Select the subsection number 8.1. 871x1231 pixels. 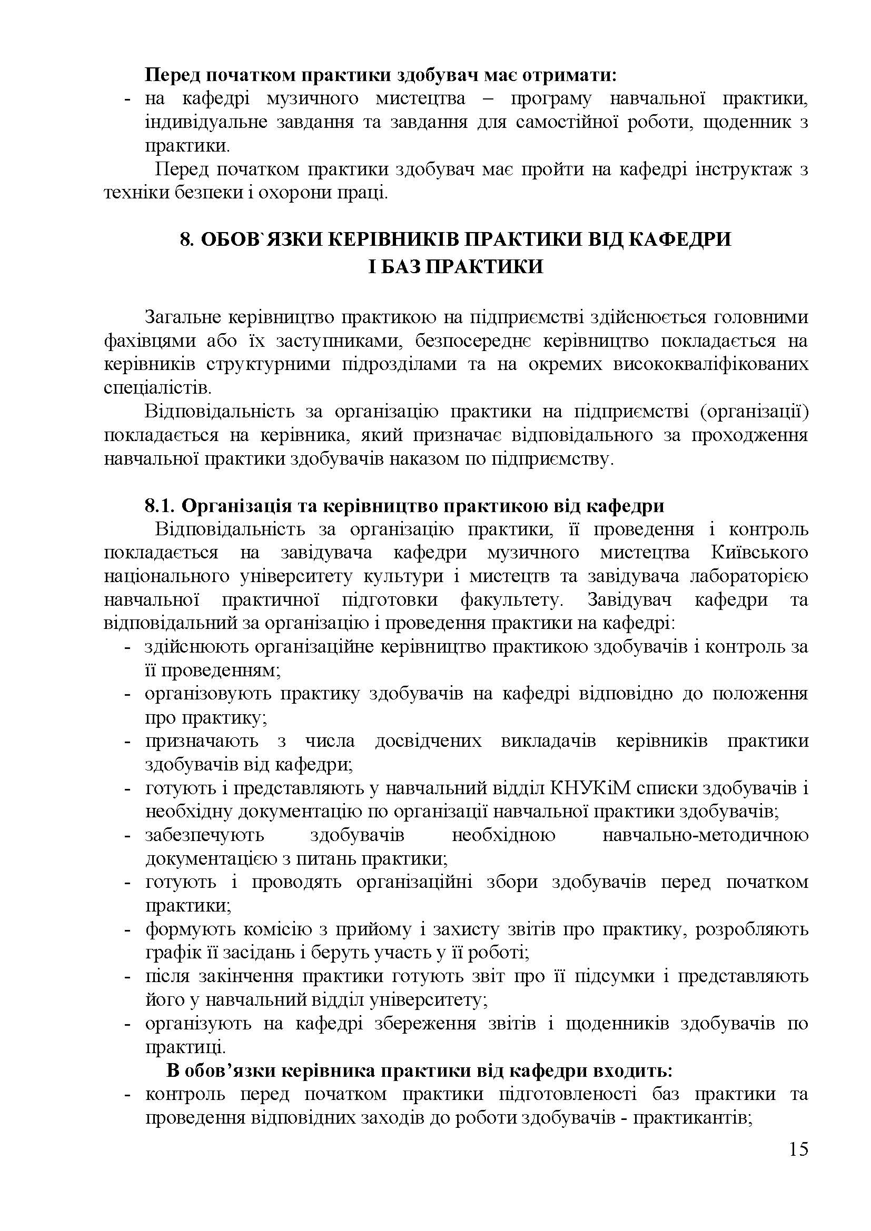(x=160, y=506)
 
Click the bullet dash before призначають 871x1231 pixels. (x=127, y=742)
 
